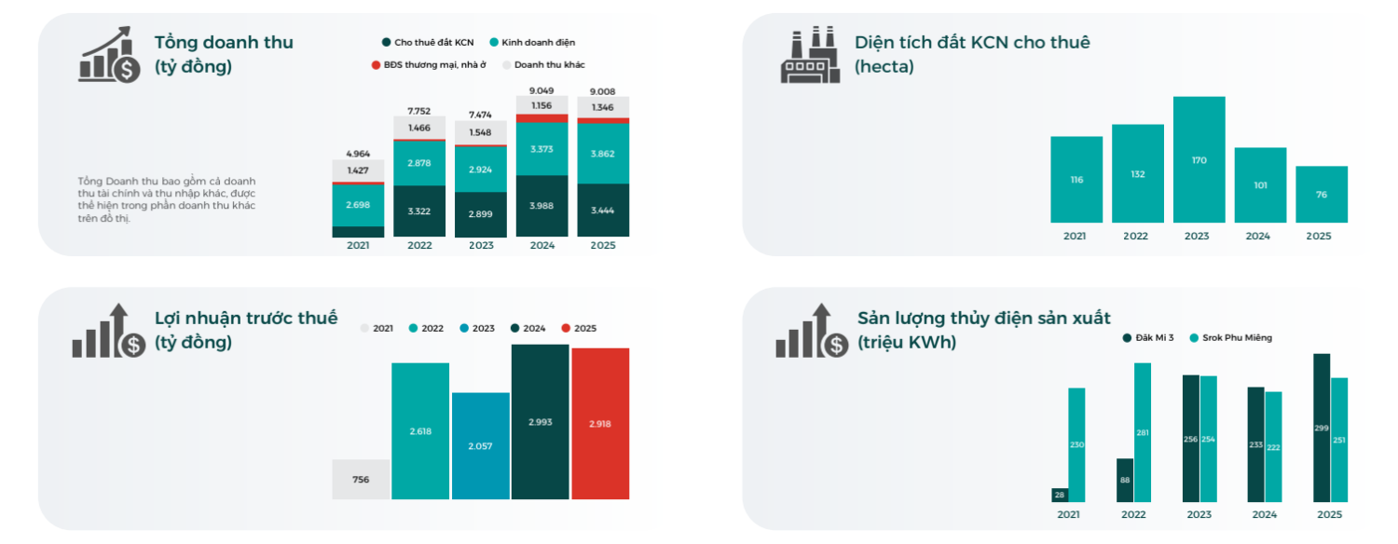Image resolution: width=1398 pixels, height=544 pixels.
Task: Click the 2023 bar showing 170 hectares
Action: pyautogui.click(x=1199, y=159)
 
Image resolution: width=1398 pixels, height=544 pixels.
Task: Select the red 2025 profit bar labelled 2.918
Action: pyautogui.click(x=600, y=423)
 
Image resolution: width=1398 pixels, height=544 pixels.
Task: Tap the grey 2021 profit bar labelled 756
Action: pyautogui.click(x=361, y=479)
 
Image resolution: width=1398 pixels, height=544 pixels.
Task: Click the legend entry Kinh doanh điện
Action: pyautogui.click(x=538, y=42)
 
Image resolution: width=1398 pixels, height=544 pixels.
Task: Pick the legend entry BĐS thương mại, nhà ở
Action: pyautogui.click(x=428, y=65)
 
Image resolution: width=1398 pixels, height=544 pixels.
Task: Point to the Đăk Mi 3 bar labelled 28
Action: pyautogui.click(x=1059, y=494)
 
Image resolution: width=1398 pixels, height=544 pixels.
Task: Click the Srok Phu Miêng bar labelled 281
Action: pyautogui.click(x=1143, y=432)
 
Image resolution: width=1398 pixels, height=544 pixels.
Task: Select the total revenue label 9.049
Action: pyautogui.click(x=541, y=90)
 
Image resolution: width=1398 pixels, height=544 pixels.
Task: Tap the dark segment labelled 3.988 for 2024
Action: pyautogui.click(x=541, y=206)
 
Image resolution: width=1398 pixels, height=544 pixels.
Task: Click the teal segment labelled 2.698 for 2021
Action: pyautogui.click(x=358, y=205)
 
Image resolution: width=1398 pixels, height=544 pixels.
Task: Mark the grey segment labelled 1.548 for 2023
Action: pyautogui.click(x=481, y=132)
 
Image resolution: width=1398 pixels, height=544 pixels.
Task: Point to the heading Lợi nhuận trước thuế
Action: pyautogui.click(x=246, y=319)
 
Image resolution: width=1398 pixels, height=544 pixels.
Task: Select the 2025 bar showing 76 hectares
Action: pyautogui.click(x=1321, y=194)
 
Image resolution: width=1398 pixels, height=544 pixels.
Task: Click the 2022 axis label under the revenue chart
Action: pyautogui.click(x=419, y=245)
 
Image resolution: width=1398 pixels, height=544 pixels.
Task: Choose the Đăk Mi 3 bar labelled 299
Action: pyautogui.click(x=1321, y=428)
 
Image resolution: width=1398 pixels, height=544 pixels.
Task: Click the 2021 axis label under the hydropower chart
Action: pyautogui.click(x=1068, y=514)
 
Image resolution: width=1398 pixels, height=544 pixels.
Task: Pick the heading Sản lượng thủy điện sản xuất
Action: pyautogui.click(x=984, y=319)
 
